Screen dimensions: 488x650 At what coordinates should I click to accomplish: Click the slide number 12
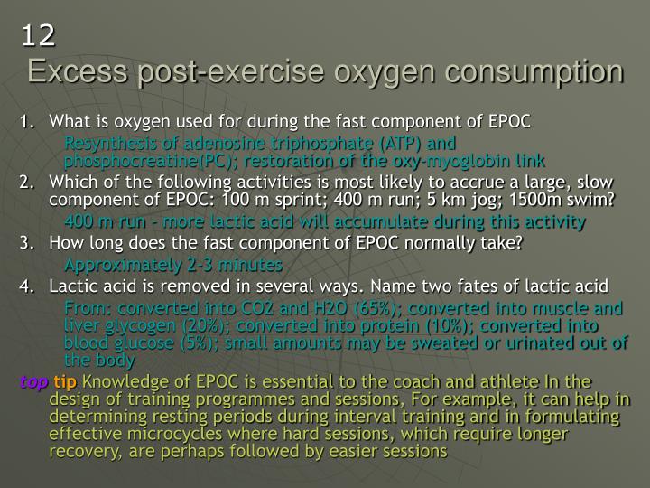coord(39,35)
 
